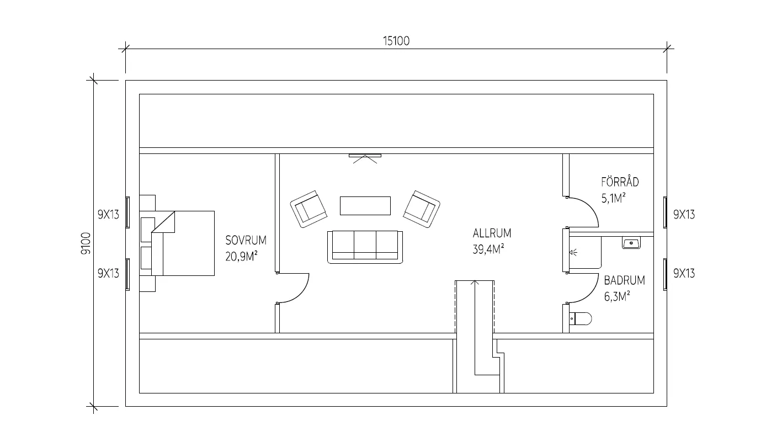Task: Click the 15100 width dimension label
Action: [396, 41]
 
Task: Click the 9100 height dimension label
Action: [86, 243]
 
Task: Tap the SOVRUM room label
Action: [246, 240]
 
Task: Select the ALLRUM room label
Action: [492, 233]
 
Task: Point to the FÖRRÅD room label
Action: [620, 182]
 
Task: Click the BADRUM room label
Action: [625, 280]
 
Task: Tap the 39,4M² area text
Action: [488, 249]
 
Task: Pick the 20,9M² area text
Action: [241, 257]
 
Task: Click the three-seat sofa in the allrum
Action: [365, 247]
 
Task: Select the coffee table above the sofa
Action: [365, 206]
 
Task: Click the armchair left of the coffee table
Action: [308, 209]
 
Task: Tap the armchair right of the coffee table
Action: [422, 209]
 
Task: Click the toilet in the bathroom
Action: [581, 318]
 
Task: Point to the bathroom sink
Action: [631, 243]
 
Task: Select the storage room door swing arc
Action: [591, 207]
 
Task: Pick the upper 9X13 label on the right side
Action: [684, 215]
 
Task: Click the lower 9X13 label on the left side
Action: [108, 273]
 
